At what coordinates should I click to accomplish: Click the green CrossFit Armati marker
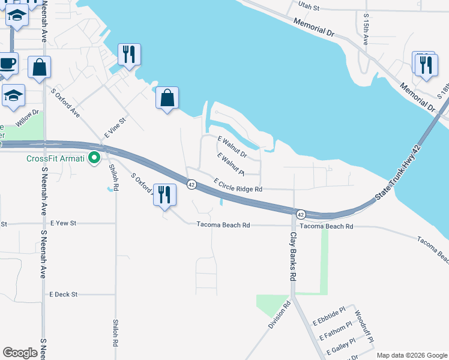94,158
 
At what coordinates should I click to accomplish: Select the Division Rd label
279,314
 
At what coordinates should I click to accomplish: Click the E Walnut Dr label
232,148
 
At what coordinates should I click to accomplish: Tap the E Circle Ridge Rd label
238,185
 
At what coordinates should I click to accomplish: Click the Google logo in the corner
20,353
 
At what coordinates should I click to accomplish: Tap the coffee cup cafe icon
7,63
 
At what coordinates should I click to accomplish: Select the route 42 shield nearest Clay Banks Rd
301,214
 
